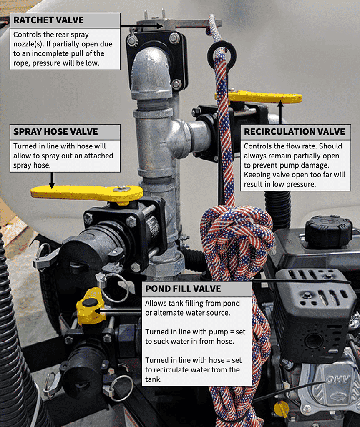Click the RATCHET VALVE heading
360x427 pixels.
click(x=48, y=20)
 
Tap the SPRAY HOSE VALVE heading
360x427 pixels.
click(x=55, y=132)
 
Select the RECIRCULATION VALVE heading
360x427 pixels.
click(x=295, y=132)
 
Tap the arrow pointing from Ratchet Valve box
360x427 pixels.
click(x=142, y=26)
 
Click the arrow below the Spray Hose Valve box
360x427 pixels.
click(x=52, y=180)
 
